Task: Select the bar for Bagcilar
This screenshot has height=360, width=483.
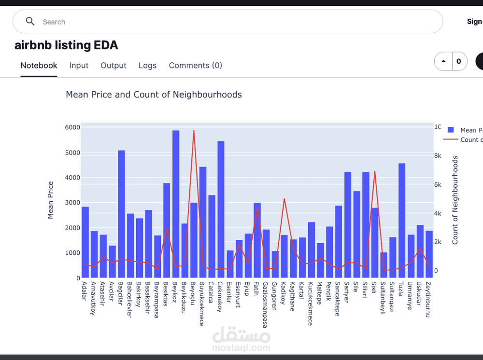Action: (122, 214)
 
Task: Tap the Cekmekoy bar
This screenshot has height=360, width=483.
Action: (221, 209)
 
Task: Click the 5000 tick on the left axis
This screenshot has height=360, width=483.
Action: (72, 152)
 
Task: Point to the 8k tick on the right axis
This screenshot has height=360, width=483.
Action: (438, 156)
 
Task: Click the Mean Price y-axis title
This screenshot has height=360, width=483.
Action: (51, 200)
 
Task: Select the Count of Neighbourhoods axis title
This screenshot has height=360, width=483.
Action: (455, 200)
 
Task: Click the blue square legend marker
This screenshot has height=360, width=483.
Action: (451, 130)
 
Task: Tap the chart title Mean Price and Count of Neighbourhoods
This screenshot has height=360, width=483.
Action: (154, 95)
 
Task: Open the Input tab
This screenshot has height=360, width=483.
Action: (79, 66)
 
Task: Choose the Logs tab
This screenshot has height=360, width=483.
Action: (147, 66)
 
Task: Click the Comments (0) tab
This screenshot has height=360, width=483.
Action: (195, 66)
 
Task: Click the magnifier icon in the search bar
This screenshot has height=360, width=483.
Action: (30, 22)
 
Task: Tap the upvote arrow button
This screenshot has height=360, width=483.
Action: (443, 61)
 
